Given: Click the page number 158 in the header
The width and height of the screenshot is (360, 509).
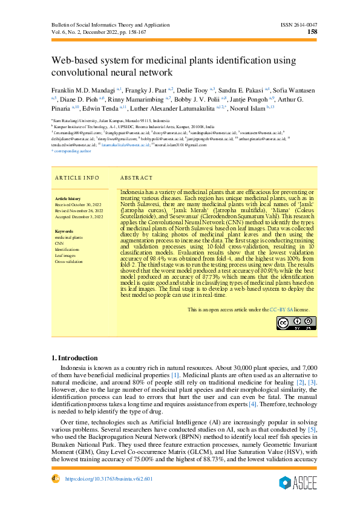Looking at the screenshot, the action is coord(313,32).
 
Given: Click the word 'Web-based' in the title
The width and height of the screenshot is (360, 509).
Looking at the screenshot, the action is coord(74,61).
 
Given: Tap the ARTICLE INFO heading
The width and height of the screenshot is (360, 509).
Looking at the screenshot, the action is coord(77,178).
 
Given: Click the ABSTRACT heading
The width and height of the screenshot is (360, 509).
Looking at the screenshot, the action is coord(136,178).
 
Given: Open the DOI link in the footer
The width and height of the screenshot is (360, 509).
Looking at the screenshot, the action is coord(109,479).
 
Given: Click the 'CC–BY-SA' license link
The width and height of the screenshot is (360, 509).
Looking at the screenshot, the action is coord(281,309).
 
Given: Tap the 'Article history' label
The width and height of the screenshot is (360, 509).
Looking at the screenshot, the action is coord(67,198).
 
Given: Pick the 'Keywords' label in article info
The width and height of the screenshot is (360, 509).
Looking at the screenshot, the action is coord(64,232).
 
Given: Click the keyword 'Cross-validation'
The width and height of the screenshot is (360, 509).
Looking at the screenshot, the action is coord(68,262).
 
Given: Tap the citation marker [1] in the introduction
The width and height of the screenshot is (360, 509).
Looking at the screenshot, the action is coord(175,375).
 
